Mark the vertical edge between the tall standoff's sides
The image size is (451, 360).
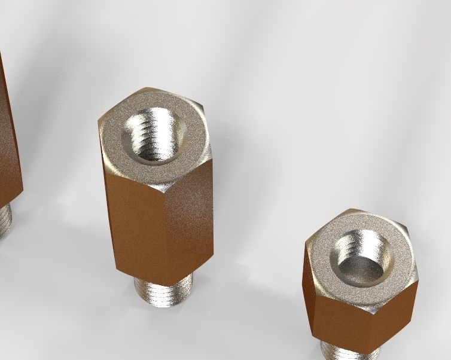coord(166,239)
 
